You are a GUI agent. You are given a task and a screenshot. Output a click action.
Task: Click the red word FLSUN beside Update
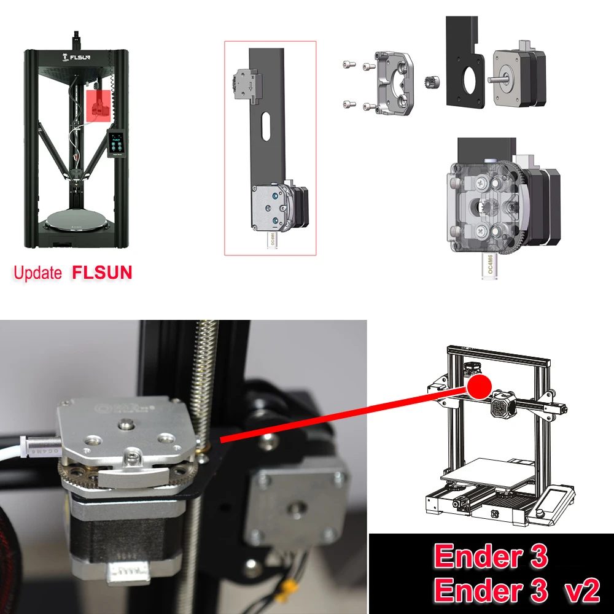102,272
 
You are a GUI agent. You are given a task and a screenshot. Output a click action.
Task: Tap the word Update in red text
38,273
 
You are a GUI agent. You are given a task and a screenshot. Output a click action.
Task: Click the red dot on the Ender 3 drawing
480,386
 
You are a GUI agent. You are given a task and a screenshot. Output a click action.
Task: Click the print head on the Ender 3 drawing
504,406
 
